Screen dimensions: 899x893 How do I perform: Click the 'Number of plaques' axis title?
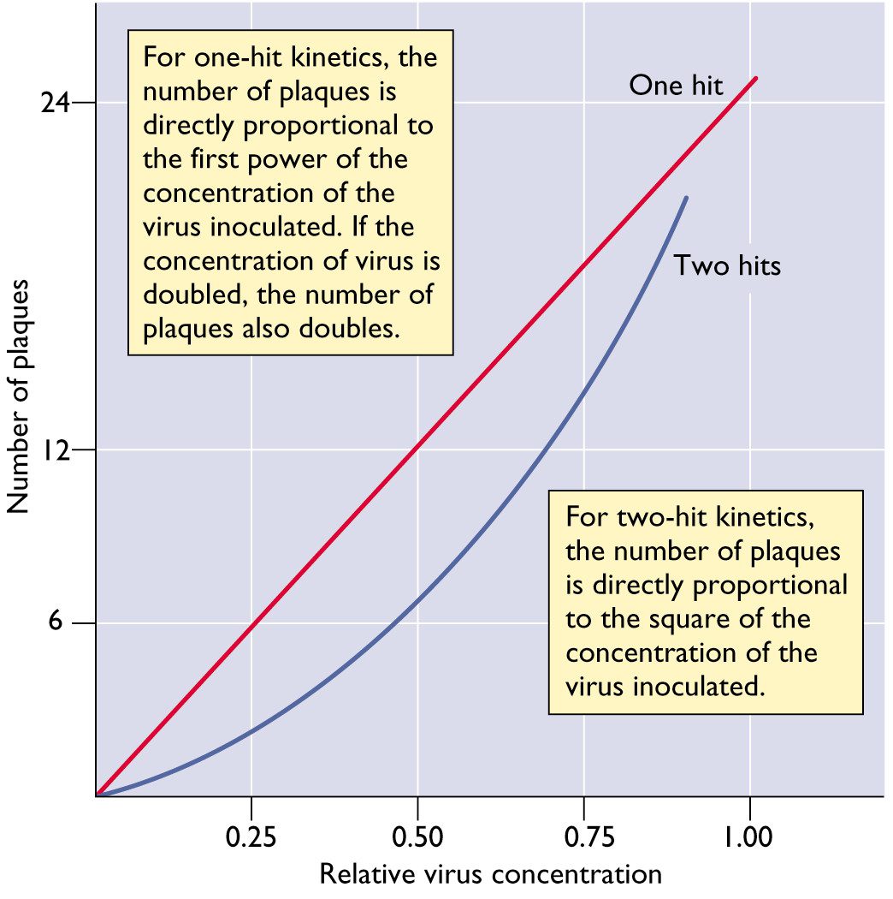point(21,396)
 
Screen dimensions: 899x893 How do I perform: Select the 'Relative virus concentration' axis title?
point(490,874)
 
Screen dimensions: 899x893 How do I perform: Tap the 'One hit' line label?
point(676,86)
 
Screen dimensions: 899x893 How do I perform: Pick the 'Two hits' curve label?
point(727,265)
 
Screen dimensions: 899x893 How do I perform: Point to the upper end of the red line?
point(756,78)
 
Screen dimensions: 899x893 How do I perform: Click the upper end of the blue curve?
point(686,198)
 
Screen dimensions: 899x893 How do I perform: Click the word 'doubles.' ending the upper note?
point(357,329)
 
